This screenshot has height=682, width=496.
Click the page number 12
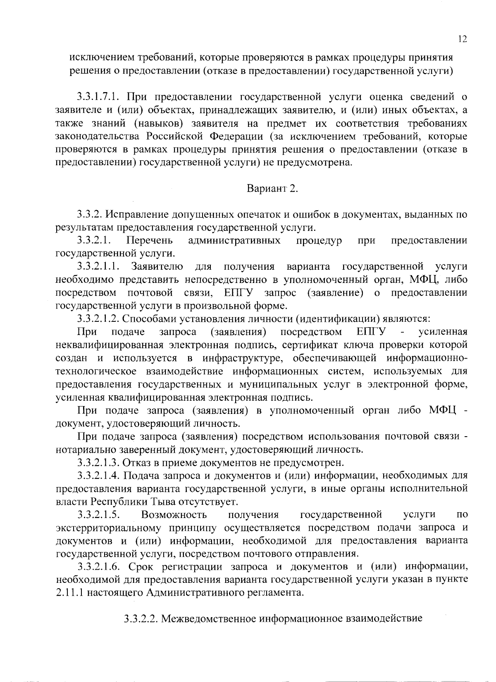point(463,39)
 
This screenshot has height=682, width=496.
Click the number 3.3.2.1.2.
point(98,318)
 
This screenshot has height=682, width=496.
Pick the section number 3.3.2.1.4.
point(98,475)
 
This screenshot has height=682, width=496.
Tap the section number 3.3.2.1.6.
point(98,566)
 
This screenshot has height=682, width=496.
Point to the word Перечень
point(150,240)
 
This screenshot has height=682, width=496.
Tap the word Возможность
point(174,514)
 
